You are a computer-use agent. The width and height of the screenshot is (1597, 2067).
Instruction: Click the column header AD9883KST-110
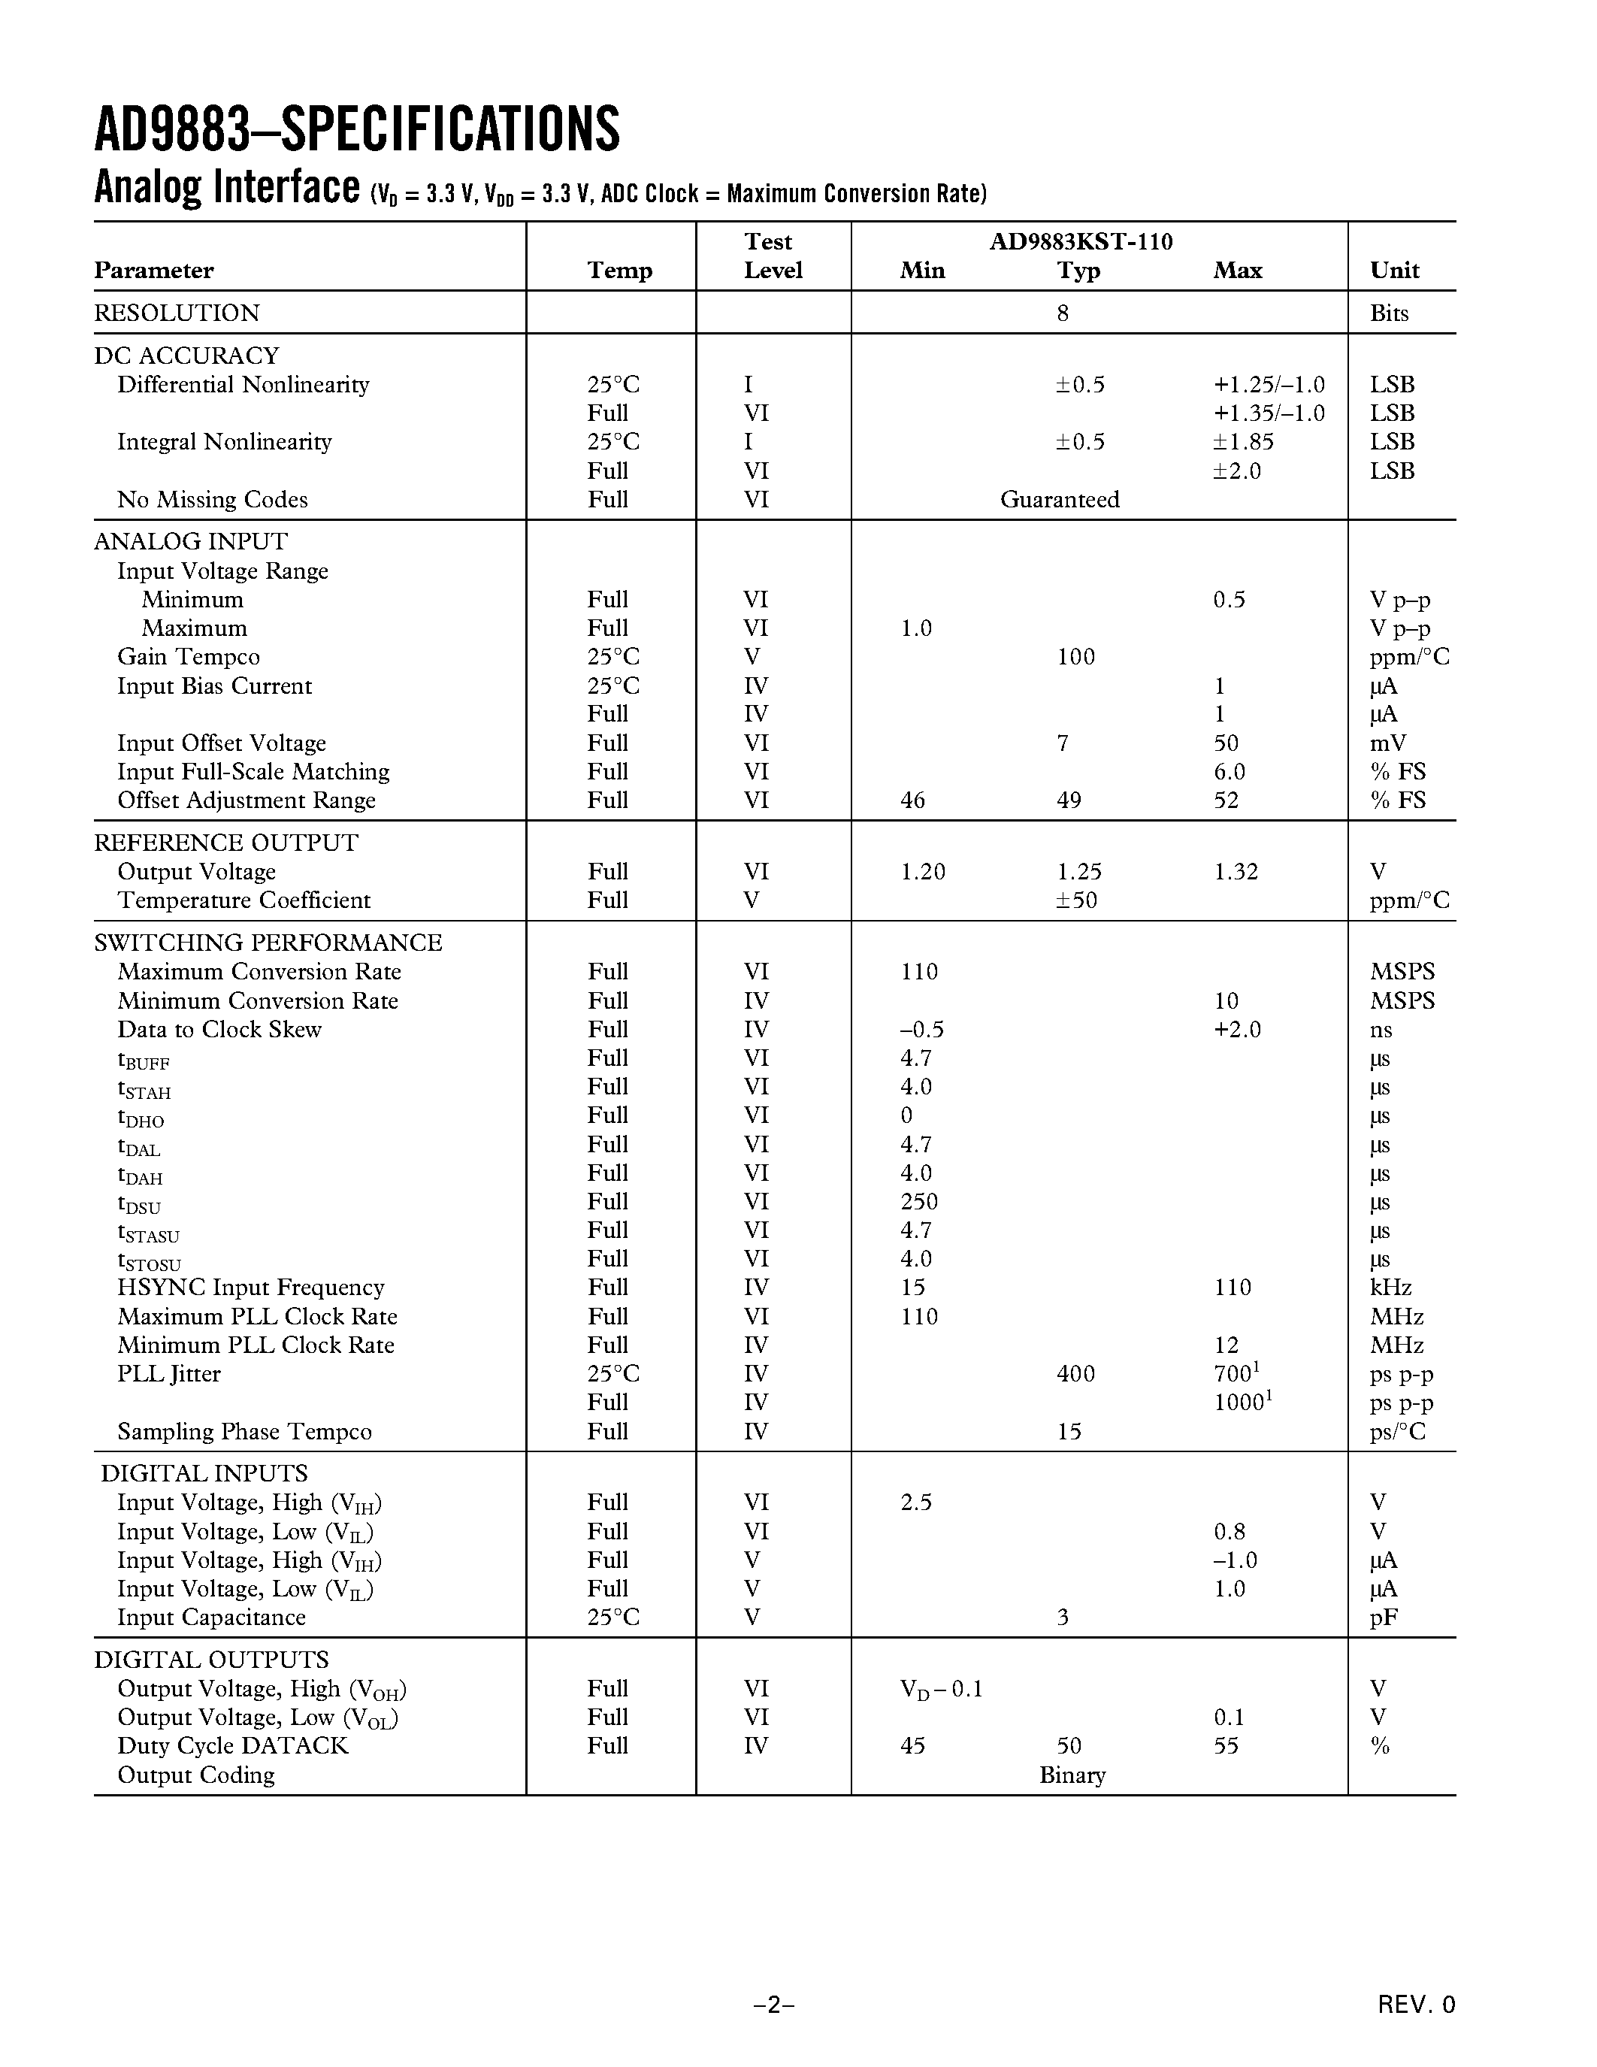1081,242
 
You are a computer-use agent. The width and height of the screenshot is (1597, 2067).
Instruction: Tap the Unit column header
1395,271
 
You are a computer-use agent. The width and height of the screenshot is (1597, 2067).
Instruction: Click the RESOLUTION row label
177,313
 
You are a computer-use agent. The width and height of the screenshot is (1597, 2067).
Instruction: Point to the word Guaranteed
1060,500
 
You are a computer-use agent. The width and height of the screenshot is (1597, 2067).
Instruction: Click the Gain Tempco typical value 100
1075,657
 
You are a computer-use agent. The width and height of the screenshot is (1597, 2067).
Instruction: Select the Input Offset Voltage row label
222,743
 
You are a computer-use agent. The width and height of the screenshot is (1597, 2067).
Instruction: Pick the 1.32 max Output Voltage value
1236,872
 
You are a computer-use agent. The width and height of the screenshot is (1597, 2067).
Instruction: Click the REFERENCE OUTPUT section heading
226,843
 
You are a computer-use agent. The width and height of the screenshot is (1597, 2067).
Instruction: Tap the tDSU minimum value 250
918,1202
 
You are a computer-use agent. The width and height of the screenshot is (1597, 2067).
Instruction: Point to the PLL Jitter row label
168,1374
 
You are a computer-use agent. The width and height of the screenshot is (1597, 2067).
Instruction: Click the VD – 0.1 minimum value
942,1690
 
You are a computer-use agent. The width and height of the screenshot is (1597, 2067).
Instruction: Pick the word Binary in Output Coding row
1072,1775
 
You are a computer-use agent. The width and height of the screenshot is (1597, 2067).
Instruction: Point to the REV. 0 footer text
1417,2005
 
